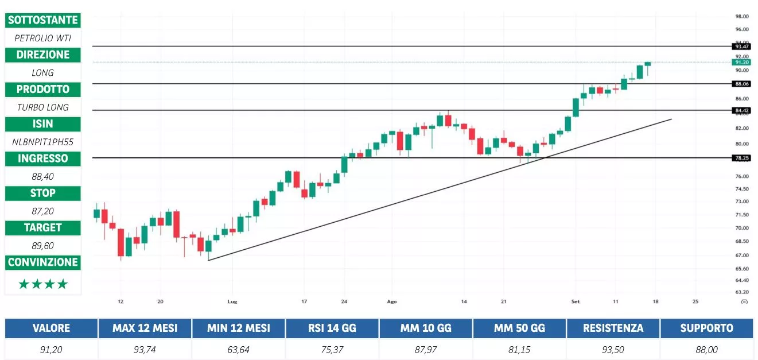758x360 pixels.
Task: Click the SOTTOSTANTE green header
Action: click(x=43, y=20)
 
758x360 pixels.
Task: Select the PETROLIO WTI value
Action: click(x=43, y=38)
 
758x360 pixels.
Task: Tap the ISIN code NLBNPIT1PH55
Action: click(x=43, y=141)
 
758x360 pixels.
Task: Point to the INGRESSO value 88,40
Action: click(x=43, y=176)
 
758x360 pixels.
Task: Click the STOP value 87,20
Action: click(x=43, y=211)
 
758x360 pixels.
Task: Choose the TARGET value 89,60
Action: click(x=43, y=246)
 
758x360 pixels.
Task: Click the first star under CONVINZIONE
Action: click(x=24, y=284)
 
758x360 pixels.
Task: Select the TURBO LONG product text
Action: click(x=43, y=107)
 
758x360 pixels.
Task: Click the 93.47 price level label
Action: click(x=741, y=46)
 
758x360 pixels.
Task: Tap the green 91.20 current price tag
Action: click(x=741, y=62)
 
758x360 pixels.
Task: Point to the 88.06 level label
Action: click(x=741, y=84)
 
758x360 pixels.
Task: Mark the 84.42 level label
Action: click(x=741, y=110)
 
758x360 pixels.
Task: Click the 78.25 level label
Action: click(x=741, y=158)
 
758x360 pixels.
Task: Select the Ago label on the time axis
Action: click(x=392, y=301)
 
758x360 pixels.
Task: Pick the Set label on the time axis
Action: click(x=575, y=301)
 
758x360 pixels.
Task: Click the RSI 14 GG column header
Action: click(x=332, y=328)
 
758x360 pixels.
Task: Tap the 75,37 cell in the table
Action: click(x=332, y=349)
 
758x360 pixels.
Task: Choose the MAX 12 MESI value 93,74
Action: click(x=145, y=349)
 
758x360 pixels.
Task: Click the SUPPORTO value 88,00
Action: click(x=706, y=349)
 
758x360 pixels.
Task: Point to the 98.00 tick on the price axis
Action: click(x=741, y=17)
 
